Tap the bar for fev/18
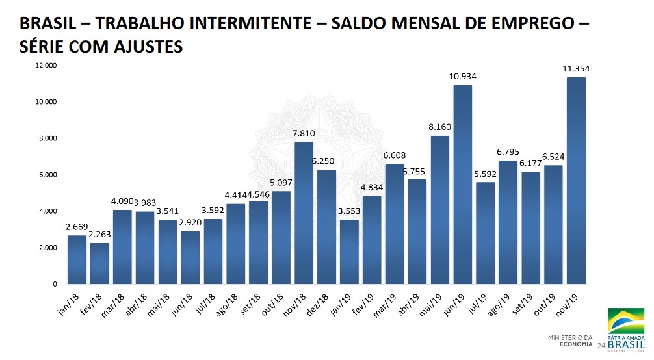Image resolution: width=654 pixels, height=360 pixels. point(99,263)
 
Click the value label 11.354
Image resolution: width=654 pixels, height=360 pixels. point(577,68)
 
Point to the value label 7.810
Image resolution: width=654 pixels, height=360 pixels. point(304,133)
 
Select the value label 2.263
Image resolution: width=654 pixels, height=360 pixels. point(99,235)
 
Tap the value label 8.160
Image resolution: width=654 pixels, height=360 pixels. point(440,127)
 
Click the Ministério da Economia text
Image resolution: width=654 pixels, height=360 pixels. point(571,341)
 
